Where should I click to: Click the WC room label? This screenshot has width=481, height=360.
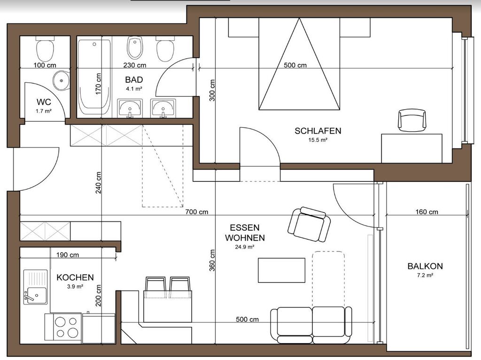tap(44, 102)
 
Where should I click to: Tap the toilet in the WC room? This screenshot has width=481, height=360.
tap(45, 48)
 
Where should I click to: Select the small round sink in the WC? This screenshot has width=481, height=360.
tap(62, 80)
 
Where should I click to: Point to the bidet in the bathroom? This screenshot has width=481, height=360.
tap(135, 47)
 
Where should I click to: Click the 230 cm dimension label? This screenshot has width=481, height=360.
tap(135, 65)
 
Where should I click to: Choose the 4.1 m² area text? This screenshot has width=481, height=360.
tap(134, 89)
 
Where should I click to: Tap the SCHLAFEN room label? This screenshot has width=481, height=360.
tap(318, 131)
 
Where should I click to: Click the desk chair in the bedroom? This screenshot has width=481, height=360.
tap(412, 120)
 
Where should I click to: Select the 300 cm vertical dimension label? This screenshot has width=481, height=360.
tap(212, 90)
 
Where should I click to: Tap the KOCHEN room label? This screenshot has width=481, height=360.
tap(75, 277)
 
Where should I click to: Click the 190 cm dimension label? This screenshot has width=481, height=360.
tap(68, 255)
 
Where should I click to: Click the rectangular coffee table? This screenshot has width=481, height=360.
tap(282, 270)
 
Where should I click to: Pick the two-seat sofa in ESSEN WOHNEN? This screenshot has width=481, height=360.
tap(311, 325)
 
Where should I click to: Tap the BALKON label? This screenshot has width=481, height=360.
tap(425, 266)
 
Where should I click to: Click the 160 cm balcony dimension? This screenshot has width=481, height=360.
tap(427, 212)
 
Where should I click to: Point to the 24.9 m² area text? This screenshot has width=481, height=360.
tap(245, 247)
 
